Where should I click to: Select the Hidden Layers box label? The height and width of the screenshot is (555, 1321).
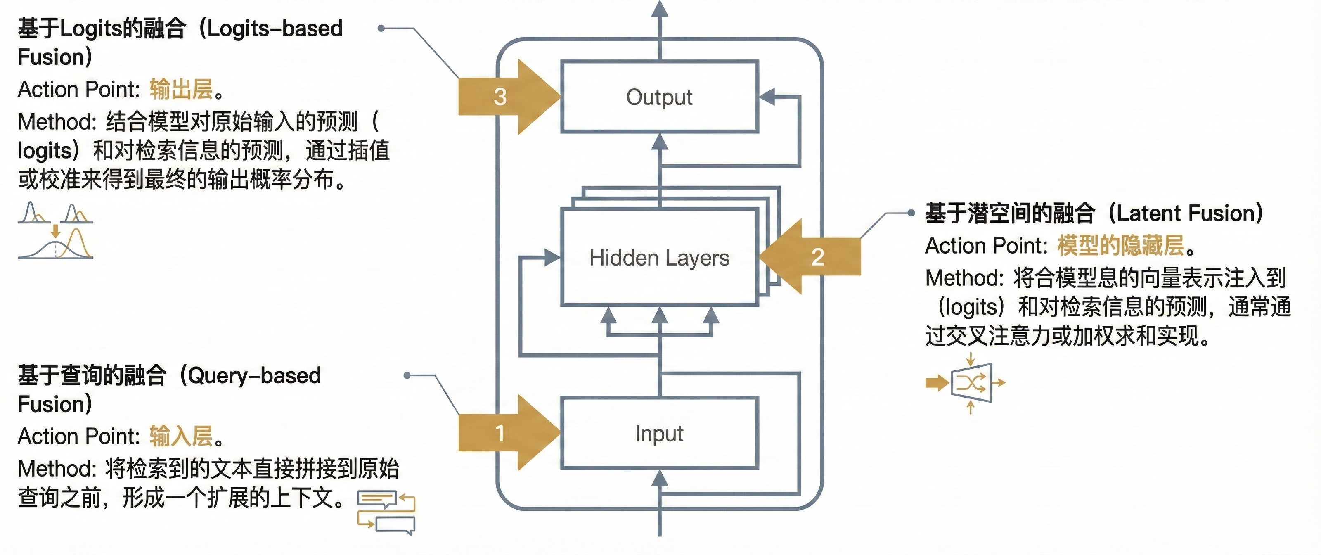coord(660,258)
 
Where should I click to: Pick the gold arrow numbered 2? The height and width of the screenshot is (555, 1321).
coord(810,256)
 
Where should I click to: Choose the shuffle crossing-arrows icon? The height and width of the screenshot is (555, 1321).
coord(966,383)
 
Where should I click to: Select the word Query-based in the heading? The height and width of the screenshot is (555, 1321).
coord(254,376)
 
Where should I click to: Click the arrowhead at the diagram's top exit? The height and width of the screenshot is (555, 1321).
coord(660,8)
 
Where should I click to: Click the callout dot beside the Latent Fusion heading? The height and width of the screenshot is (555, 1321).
coord(911,213)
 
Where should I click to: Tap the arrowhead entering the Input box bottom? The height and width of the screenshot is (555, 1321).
coord(660,479)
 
